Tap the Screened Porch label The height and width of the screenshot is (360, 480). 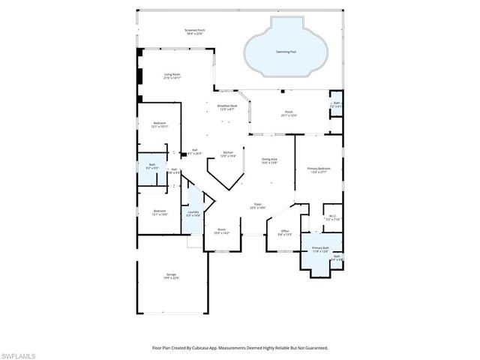tap(195, 31)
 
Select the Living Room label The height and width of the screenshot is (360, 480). tap(172, 75)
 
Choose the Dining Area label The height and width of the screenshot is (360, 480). tap(270, 160)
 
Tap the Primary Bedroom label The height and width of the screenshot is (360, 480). tap(318, 169)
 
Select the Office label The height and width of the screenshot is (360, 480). tap(285, 232)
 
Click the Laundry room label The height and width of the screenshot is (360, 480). tap(193, 213)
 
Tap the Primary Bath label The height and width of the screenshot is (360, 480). tap(320, 248)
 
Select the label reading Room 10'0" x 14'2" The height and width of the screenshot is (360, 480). tap(222, 230)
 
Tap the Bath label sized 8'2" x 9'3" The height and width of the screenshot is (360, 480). tap(152, 166)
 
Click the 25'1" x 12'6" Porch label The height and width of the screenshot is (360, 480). tap(289, 113)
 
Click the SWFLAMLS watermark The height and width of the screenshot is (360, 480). tap(22, 352)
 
